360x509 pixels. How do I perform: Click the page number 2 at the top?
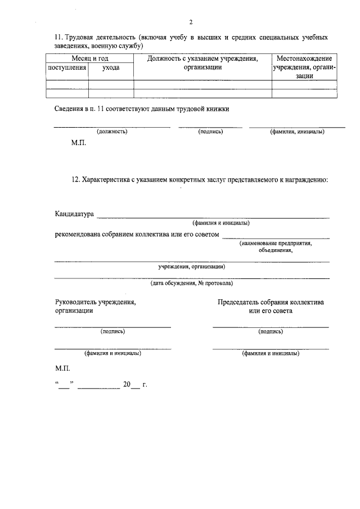coord(191,22)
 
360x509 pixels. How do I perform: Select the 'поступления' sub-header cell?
coord(67,67)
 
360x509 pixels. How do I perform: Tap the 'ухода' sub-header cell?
coord(111,67)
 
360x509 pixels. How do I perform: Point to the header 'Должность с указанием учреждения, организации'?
coord(202,62)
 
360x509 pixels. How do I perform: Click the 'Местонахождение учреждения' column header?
coord(304,66)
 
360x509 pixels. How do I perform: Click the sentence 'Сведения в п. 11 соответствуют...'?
coord(142,109)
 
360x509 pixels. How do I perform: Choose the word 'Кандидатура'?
coord(74,214)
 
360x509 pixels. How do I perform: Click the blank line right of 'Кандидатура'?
coord(214,216)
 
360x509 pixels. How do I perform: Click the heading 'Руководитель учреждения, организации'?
coord(95,306)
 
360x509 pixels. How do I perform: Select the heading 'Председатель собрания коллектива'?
coord(271,302)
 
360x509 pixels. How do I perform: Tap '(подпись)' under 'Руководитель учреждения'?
coord(112,331)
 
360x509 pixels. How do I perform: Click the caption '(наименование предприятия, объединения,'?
coord(276,247)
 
